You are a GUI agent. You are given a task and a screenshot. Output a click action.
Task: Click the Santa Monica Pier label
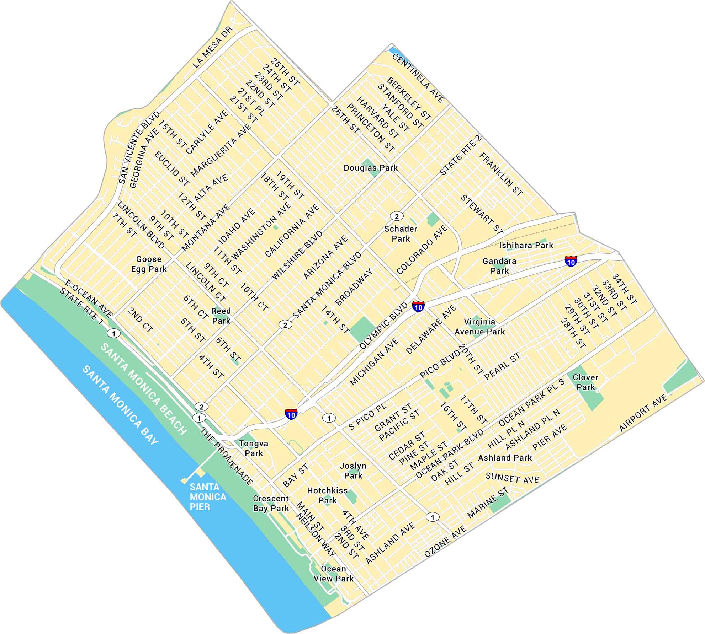point(207,496)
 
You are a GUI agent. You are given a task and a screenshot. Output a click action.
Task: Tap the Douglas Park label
point(370,168)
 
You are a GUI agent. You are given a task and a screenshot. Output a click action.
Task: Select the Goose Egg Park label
point(149,264)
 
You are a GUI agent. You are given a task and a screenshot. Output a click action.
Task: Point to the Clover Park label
point(585,382)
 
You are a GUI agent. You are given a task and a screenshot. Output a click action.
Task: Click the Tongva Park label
point(254,448)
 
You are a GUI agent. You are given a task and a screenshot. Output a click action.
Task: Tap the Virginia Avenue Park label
point(479,327)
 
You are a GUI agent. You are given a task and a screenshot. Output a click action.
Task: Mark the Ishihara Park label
point(526,245)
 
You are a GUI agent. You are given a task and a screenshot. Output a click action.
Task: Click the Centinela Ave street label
point(418,78)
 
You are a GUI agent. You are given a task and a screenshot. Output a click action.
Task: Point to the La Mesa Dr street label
point(212,47)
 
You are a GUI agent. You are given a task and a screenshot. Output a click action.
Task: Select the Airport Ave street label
point(643,413)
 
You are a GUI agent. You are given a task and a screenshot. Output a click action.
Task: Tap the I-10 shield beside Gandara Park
point(571,261)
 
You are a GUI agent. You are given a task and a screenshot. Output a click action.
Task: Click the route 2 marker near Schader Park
point(396,216)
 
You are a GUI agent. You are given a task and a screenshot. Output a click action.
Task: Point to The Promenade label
point(226,457)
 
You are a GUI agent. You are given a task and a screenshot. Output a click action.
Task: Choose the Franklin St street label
point(501,174)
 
